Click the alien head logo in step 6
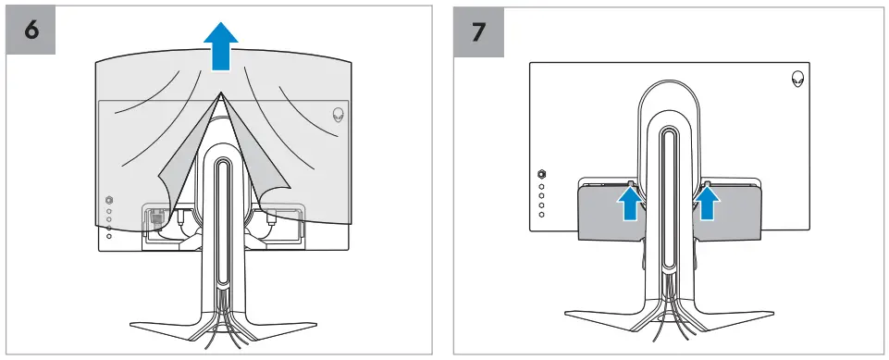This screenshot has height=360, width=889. point(339,116)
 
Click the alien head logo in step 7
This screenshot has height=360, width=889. point(796,80)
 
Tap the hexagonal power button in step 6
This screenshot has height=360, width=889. point(109,199)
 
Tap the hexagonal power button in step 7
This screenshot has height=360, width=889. point(542,173)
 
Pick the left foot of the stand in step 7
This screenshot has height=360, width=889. point(606,315)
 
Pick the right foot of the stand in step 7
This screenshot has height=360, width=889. point(731,315)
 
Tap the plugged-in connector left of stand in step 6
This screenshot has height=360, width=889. point(154,220)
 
